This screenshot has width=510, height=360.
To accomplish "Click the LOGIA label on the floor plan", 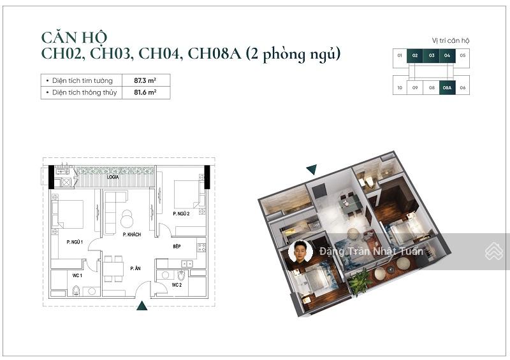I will tap(113, 178).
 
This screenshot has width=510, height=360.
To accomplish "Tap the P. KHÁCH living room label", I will tap(131, 235).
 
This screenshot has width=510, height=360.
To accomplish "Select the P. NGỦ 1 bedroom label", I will tap(76, 241).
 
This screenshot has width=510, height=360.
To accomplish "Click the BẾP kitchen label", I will tap(177, 246).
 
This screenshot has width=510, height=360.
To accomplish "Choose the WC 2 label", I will tap(177, 285).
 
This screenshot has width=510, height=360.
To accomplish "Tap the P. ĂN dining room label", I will tap(135, 269).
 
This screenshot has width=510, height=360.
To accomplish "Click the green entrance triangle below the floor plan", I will tap(142, 306).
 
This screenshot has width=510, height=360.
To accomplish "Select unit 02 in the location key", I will tap(415, 56).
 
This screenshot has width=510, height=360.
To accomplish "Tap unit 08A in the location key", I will tap(448, 87).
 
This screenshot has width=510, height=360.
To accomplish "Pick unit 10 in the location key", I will tap(400, 87).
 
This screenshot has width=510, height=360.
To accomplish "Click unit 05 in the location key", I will tap(463, 56).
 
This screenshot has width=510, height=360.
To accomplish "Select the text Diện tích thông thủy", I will tap(81, 93).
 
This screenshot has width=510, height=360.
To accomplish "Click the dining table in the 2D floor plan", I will tap(113, 268).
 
